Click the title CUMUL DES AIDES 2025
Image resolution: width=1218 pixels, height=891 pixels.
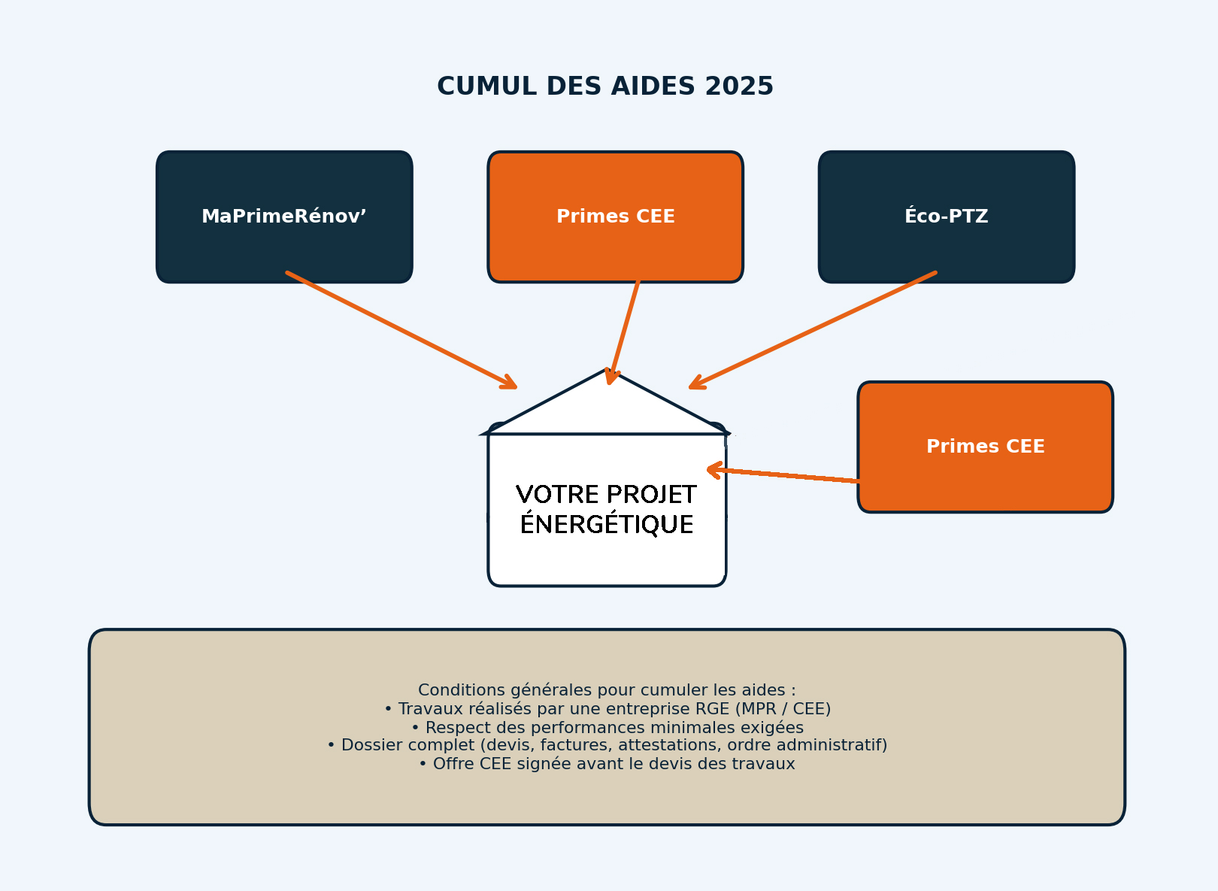(604, 86)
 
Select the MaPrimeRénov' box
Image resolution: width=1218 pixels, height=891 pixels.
(284, 217)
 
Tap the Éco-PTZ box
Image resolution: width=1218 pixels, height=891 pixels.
(946, 217)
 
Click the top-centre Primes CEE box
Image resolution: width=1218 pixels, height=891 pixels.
(615, 217)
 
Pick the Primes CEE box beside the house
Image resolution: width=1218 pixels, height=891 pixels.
(985, 447)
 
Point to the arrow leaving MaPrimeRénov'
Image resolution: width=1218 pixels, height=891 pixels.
(401, 330)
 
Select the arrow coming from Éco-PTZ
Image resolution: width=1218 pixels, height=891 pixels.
(812, 330)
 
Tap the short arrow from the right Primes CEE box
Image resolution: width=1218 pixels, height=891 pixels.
(782, 475)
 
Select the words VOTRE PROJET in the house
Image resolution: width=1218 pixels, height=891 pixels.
(606, 495)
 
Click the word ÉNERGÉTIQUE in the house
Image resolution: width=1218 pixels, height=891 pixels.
(606, 525)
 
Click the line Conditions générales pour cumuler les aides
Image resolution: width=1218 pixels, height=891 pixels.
(606, 690)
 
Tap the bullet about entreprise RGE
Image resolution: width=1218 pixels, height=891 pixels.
(606, 709)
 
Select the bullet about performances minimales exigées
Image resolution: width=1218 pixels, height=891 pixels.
(606, 728)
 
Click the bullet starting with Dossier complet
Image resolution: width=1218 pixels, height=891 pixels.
(606, 745)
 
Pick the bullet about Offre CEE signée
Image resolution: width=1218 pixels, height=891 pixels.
(606, 764)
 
